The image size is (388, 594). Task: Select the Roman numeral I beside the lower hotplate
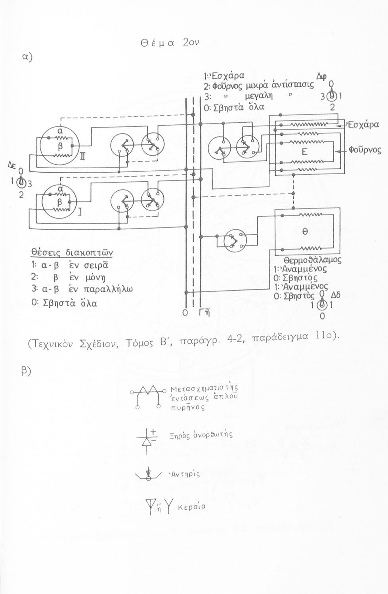coord(79,214)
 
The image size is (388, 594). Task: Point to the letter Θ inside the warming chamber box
coord(305,232)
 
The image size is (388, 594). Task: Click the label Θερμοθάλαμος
coord(313,261)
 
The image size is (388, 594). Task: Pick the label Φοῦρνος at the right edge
coord(365,150)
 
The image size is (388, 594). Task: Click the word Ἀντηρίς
coord(184,474)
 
